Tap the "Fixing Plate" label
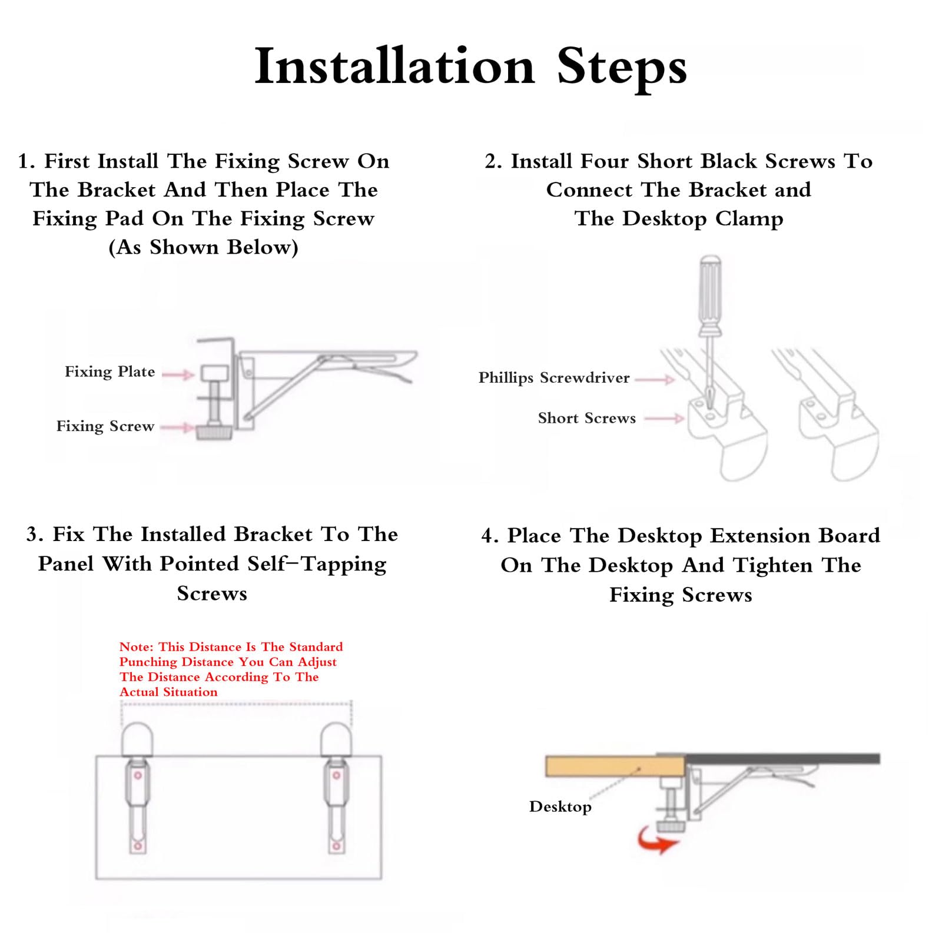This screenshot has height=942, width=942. click(110, 372)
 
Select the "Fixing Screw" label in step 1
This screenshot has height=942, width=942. click(105, 426)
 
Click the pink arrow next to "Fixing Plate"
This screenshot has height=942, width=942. click(178, 374)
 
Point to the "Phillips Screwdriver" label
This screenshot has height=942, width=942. click(554, 378)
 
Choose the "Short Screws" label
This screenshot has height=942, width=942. click(587, 418)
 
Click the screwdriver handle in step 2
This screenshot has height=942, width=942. click(710, 296)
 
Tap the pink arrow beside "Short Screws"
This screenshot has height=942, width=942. click(664, 419)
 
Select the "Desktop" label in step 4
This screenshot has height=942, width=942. click(560, 807)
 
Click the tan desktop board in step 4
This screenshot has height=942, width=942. click(615, 767)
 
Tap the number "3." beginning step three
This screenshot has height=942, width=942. click(35, 535)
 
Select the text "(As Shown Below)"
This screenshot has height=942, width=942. click(204, 247)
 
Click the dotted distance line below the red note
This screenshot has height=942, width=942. click(237, 703)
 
